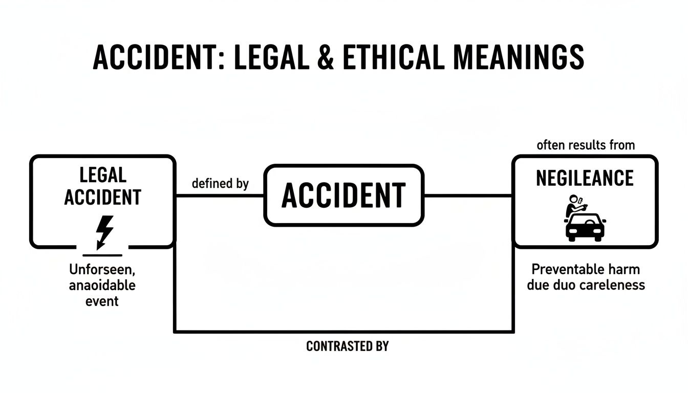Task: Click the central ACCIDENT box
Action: click(343, 195)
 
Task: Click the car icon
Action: click(585, 227)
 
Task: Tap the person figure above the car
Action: click(573, 206)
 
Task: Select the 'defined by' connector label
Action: click(220, 184)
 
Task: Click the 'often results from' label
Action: click(586, 145)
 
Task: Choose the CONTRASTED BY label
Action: click(347, 346)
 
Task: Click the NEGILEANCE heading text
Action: click(585, 178)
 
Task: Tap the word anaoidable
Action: click(102, 285)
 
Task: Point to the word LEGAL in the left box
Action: click(102, 175)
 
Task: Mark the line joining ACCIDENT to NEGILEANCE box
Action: click(468, 195)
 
